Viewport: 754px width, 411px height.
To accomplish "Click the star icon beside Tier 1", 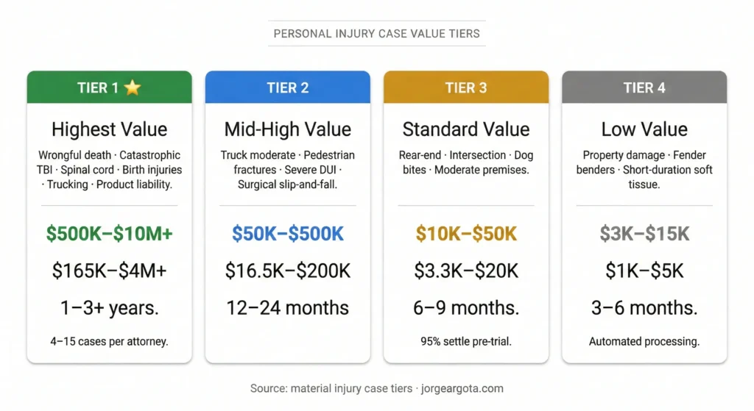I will (x=132, y=88).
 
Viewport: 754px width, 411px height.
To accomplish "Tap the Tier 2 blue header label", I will (x=287, y=88).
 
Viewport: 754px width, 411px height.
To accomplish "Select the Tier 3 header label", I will (x=465, y=88).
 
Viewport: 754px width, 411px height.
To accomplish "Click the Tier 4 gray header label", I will (x=644, y=88).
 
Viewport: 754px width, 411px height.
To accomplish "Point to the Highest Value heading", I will (x=109, y=129).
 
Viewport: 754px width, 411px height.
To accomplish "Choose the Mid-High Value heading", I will (x=287, y=129).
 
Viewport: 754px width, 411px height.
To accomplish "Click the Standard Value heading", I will (x=465, y=129).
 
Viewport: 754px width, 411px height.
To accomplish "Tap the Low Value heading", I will (x=644, y=129).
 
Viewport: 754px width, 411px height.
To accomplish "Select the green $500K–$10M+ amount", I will (x=109, y=234).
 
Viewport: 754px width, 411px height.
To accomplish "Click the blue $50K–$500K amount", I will (x=287, y=234).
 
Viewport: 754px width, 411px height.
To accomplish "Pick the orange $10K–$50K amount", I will (x=465, y=234).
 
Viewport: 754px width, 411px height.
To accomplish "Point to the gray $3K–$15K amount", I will (x=644, y=234).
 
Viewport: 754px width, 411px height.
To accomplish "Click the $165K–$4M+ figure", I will (x=109, y=271).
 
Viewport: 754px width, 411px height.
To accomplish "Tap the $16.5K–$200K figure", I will (x=287, y=271).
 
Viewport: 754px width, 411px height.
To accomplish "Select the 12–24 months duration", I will (x=287, y=307).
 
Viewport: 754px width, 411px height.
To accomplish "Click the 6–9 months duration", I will (x=465, y=307).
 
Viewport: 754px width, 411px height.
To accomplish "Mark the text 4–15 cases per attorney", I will (x=109, y=341).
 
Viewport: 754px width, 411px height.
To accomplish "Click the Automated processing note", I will (x=644, y=341).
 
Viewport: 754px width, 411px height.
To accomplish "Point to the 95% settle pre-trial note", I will (x=465, y=341).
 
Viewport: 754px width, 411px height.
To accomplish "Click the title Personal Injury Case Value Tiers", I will (x=376, y=33).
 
